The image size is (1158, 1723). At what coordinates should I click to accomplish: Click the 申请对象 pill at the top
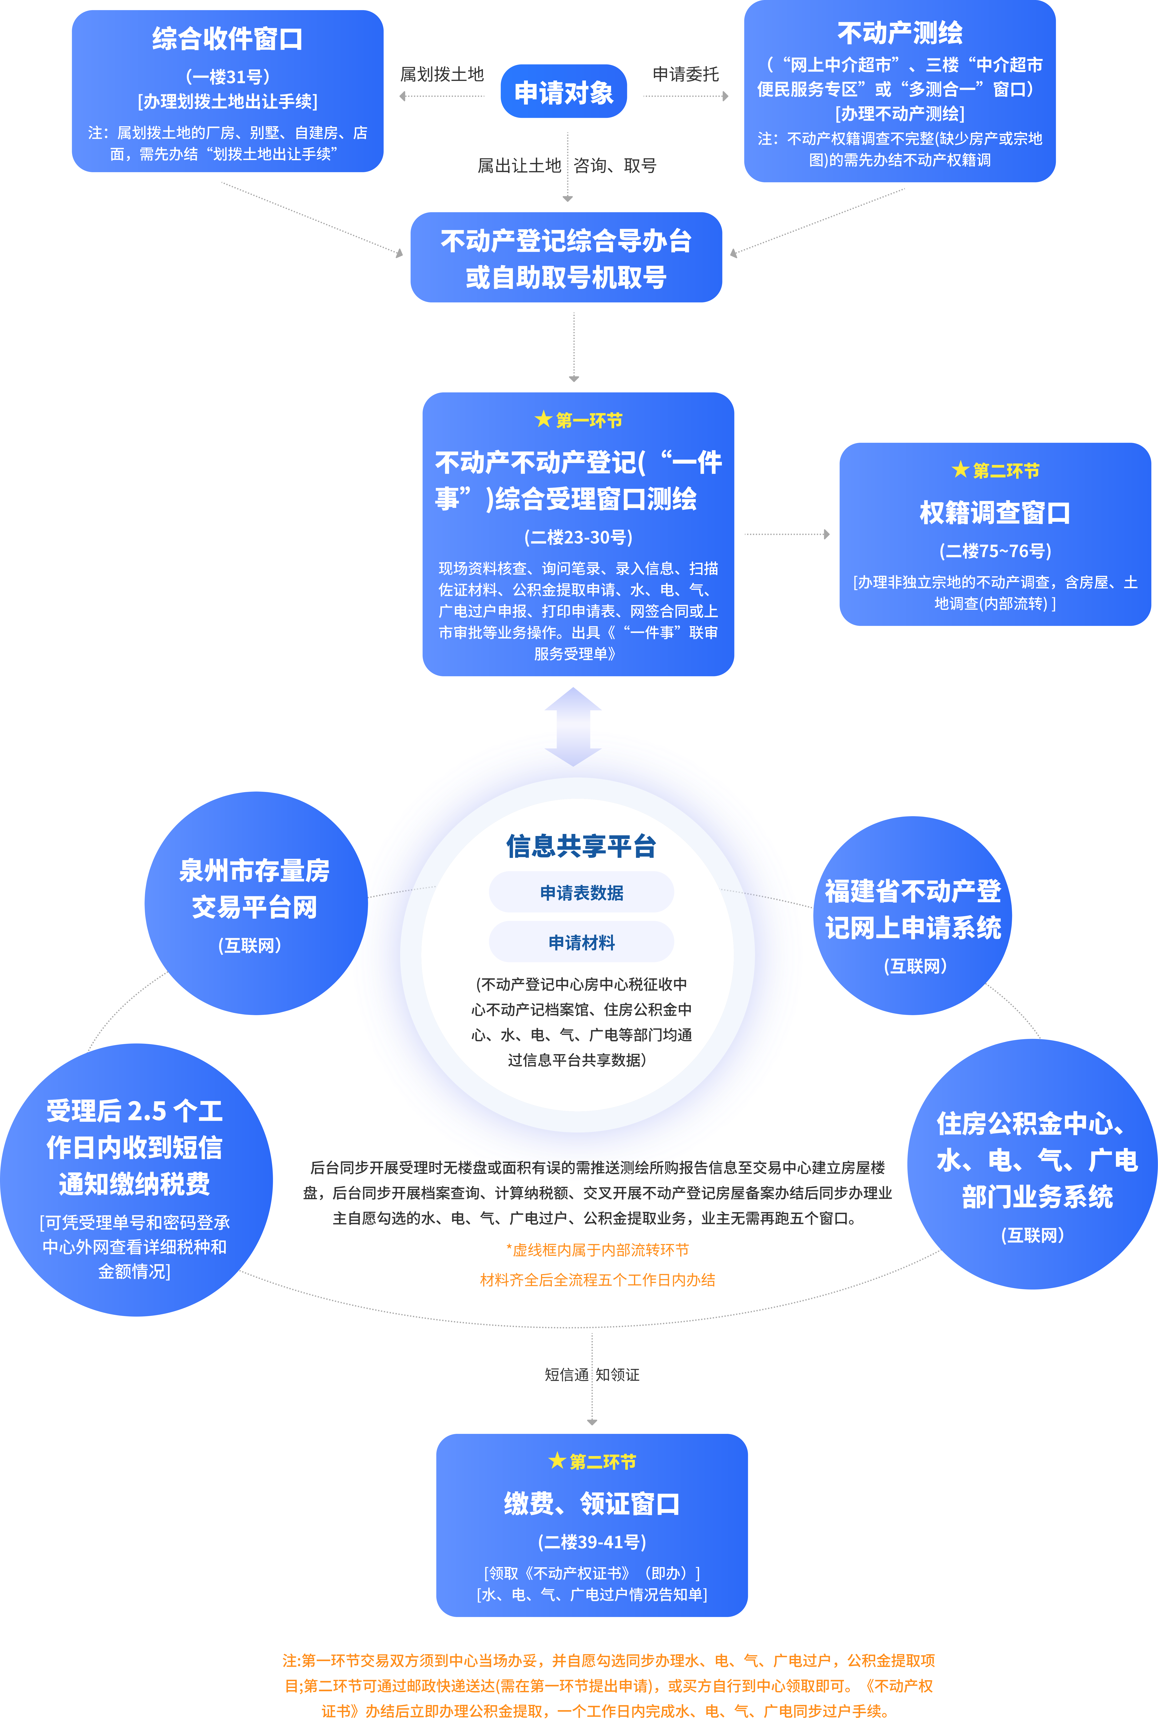coord(563,92)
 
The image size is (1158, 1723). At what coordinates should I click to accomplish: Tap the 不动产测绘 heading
coord(900,33)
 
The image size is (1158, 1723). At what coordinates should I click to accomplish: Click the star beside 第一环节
coord(544,420)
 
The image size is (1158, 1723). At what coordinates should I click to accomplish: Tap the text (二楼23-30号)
coord(578,537)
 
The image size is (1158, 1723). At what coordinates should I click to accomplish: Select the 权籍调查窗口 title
coord(995,513)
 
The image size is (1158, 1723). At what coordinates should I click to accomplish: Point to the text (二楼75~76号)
coord(995,551)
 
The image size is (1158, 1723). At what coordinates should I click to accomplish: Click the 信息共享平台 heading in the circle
coord(581,846)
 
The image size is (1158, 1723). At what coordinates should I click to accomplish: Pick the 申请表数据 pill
coord(581,892)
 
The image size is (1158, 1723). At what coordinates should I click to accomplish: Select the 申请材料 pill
coord(581,942)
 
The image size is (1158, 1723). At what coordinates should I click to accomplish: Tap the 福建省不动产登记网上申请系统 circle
coord(913,916)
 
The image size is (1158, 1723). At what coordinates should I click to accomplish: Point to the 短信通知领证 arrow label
coord(592,1374)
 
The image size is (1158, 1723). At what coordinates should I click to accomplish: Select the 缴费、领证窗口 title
coord(592,1504)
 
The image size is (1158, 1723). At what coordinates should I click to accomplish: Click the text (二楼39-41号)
coord(592,1542)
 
